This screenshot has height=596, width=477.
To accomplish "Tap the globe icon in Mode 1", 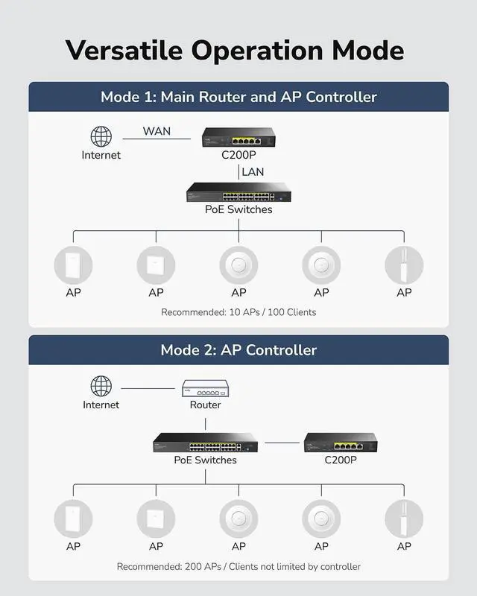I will tap(101, 136).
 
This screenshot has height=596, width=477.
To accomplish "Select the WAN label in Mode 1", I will tap(157, 131).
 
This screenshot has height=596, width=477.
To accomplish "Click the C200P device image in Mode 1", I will tap(238, 137).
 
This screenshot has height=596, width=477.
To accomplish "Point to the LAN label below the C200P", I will tap(253, 172).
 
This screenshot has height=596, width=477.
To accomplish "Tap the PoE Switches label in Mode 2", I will tap(205, 460).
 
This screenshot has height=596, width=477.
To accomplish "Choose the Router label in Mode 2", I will tap(205, 405).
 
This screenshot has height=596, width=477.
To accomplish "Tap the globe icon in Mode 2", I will tap(101, 386).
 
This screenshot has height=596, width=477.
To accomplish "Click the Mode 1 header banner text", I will tap(238, 97).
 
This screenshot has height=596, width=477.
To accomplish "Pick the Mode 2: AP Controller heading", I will tap(238, 350).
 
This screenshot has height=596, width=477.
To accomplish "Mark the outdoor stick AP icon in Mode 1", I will tap(404, 264).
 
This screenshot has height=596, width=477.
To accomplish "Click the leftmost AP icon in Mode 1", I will tap(73, 264).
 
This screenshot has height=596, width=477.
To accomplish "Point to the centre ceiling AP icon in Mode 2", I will tap(238, 518).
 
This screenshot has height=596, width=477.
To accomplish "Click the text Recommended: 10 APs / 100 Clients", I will tap(238, 312).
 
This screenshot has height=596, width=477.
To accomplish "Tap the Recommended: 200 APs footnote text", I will tap(238, 567).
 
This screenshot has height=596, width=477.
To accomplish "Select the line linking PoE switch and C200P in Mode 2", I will tap(282, 443).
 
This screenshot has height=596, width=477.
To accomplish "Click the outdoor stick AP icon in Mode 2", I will tap(404, 518).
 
